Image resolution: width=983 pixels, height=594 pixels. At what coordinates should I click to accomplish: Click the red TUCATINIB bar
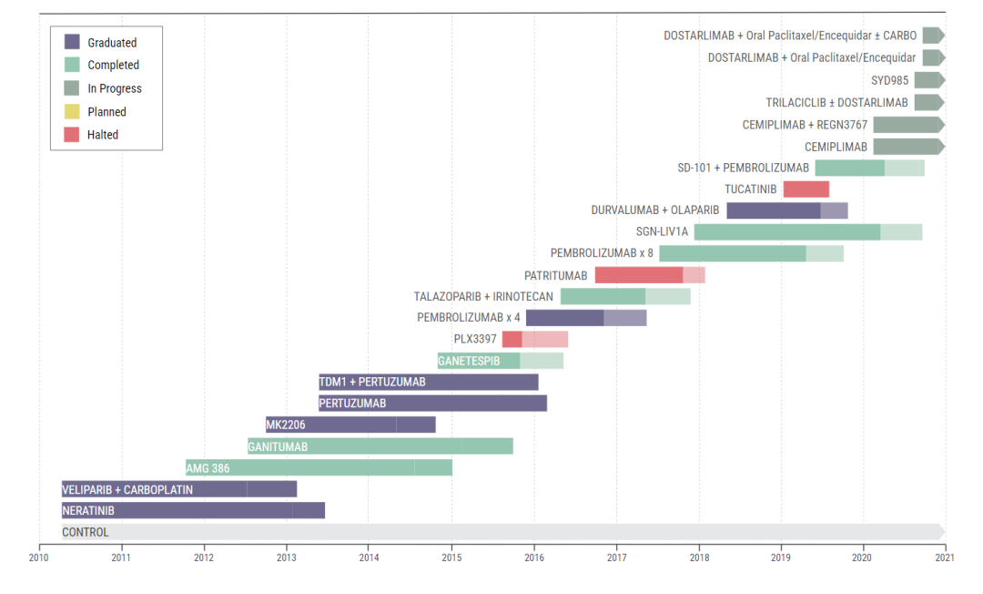tap(806, 189)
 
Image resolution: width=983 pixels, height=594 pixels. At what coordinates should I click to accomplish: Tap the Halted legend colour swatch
tap(73, 135)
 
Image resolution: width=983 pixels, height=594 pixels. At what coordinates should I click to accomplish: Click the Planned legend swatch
tap(73, 112)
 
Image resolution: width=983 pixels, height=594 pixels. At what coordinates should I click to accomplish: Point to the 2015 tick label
tap(451, 556)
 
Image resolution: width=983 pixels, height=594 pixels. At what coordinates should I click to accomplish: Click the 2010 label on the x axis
tap(39, 556)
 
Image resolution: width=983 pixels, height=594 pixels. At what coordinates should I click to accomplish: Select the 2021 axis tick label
tap(946, 556)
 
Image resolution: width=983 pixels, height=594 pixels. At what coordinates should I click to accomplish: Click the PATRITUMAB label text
tap(555, 276)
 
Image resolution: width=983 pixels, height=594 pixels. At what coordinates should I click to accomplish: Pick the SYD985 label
tap(889, 80)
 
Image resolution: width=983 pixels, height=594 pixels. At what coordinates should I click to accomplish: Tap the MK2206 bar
tap(350, 425)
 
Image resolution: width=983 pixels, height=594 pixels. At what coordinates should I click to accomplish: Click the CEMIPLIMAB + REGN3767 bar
tap(907, 125)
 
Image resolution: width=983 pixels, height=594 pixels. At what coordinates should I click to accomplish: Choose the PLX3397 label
tap(475, 339)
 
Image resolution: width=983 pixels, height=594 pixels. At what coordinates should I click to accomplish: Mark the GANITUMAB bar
tap(380, 446)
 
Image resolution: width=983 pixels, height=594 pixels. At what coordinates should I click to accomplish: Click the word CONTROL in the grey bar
tap(85, 532)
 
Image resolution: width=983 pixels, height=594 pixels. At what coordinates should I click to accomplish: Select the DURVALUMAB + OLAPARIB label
tap(654, 210)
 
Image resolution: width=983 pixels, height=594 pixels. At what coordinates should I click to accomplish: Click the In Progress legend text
tap(115, 89)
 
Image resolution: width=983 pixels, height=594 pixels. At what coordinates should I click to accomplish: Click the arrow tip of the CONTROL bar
tap(942, 532)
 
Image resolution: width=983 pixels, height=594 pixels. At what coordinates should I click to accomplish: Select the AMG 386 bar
tap(319, 468)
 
